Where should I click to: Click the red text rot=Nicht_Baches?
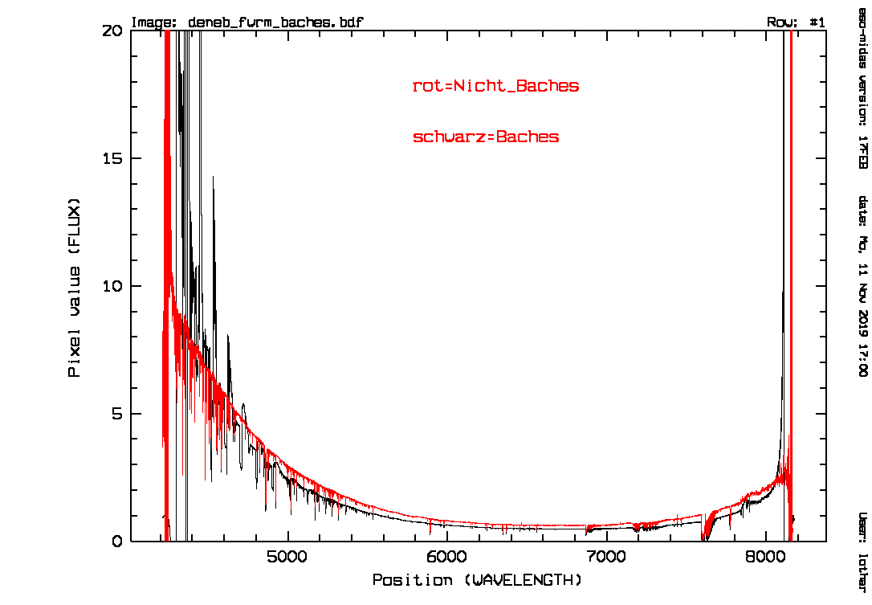pos(495,86)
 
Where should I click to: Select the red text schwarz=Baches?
pos(486,137)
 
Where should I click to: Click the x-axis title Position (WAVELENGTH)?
pos(476,579)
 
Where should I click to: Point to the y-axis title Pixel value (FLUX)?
pos(75,286)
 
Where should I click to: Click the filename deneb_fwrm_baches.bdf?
pos(275,22)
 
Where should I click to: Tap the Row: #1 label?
pos(796,22)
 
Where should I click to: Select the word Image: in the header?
pos(153,22)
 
